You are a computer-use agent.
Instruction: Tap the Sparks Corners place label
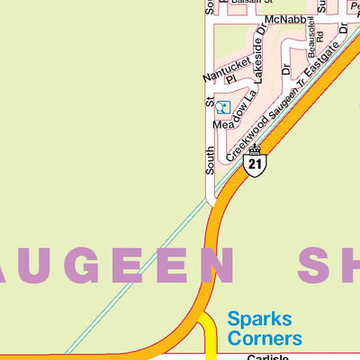pos(265,328)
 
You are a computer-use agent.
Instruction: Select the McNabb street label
pos(285,19)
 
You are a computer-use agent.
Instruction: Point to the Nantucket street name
pos(225,65)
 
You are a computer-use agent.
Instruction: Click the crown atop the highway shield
pos(256,149)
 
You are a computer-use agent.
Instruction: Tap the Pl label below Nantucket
pos(229,78)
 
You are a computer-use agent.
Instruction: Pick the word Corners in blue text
pos(265,338)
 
